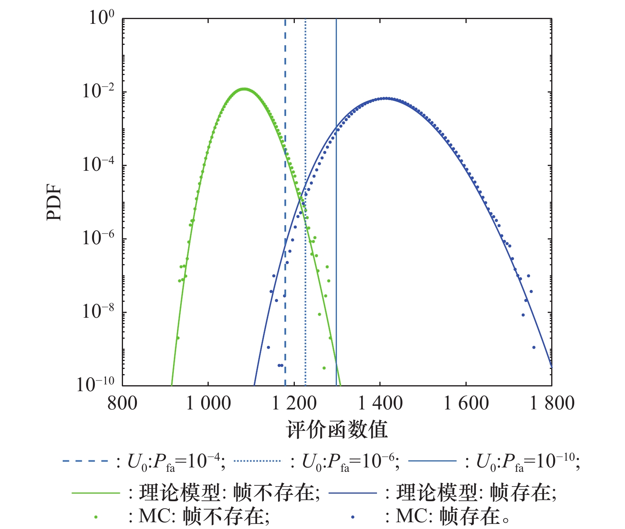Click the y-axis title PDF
point(54,202)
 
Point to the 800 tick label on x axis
point(122,403)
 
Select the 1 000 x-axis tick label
point(208,403)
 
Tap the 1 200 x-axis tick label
point(294,403)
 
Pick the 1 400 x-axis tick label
point(380,403)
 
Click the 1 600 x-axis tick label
point(466,403)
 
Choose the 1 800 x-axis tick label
point(552,403)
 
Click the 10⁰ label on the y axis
point(101,18)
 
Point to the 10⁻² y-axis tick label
point(98,91)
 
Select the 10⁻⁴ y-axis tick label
point(98,165)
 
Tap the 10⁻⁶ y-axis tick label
point(98,238)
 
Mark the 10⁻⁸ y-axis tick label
point(98,312)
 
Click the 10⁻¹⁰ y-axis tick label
point(95,384)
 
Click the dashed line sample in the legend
point(85,461)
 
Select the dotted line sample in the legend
point(257,461)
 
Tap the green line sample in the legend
point(96,493)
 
